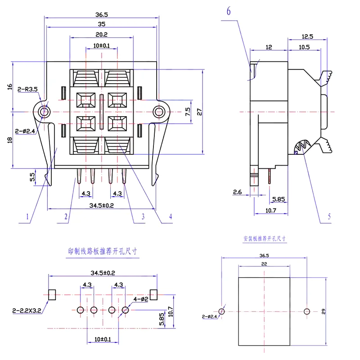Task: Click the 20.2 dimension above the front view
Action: click(102, 35)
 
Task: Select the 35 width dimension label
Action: click(102, 24)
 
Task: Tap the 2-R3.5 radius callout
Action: click(27, 89)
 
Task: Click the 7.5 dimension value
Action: click(188, 112)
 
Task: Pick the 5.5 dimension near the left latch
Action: click(32, 177)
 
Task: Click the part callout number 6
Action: click(229, 11)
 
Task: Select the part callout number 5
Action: click(329, 216)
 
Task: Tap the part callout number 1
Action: click(27, 216)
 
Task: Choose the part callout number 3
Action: click(143, 216)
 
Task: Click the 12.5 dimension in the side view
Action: click(307, 36)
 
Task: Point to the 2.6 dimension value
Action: click(237, 192)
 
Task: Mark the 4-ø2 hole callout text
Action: click(140, 299)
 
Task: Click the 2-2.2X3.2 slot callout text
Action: click(27, 310)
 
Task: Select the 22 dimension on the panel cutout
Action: click(264, 264)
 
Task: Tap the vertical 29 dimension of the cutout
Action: click(324, 311)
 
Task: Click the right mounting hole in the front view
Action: click(159, 112)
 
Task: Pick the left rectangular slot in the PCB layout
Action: click(52, 295)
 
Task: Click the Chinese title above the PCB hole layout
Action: click(103, 252)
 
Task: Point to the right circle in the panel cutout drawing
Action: click(307, 311)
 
